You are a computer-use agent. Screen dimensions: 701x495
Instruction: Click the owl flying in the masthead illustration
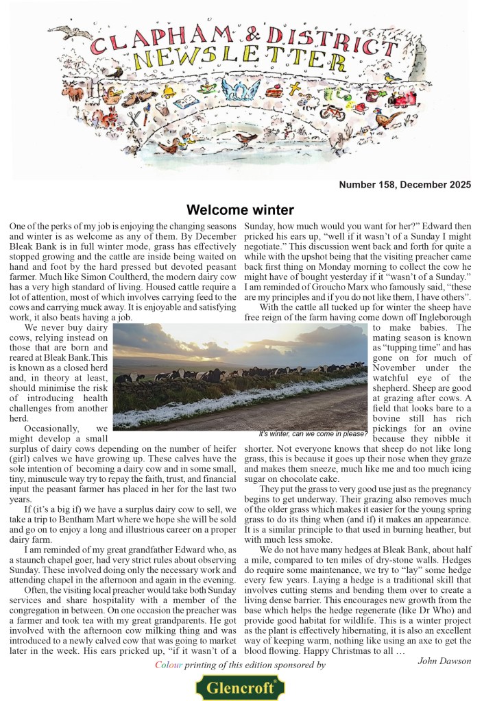point(62,31)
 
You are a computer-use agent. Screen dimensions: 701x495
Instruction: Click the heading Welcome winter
point(240,209)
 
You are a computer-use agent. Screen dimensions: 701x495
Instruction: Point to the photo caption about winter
point(313,434)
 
